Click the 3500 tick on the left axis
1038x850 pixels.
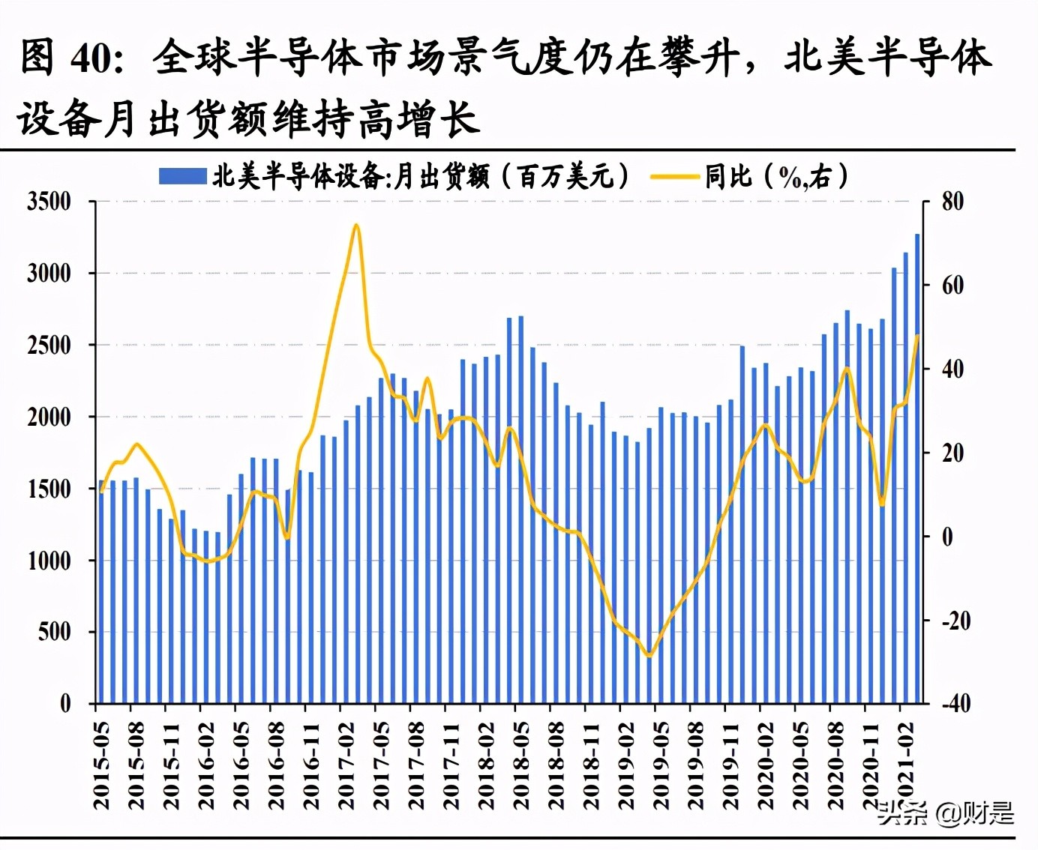(49, 202)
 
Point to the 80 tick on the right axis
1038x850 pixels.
(952, 202)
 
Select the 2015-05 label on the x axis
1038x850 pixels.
(101, 765)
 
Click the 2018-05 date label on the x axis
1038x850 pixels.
(521, 765)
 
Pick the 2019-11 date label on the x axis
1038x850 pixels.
(731, 765)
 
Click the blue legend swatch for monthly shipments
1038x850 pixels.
(182, 177)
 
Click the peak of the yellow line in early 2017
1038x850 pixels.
(356, 225)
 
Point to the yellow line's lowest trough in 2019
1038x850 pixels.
(649, 656)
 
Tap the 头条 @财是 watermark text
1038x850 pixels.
(946, 813)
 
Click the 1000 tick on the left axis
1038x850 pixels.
(49, 561)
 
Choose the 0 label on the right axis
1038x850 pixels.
(947, 537)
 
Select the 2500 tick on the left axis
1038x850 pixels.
(49, 346)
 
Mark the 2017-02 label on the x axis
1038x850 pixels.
(346, 765)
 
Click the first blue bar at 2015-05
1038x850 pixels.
(101, 592)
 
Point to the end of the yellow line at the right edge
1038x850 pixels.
(917, 336)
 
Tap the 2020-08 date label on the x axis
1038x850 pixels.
(836, 765)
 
